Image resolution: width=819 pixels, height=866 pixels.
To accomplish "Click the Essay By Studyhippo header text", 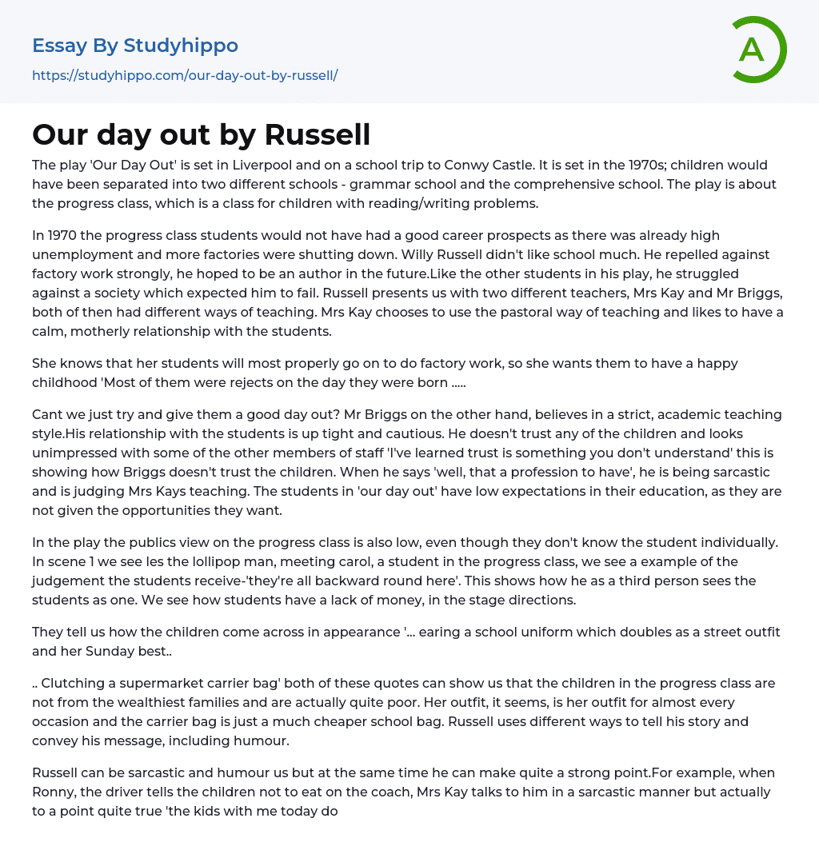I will (x=135, y=46).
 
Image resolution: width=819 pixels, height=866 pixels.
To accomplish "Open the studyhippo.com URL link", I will (x=185, y=75).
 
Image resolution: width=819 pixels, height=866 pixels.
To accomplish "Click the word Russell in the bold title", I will (x=318, y=134).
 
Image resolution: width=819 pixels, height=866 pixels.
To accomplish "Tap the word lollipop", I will (x=215, y=561).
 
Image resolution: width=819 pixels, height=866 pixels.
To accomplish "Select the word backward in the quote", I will (x=409, y=581).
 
